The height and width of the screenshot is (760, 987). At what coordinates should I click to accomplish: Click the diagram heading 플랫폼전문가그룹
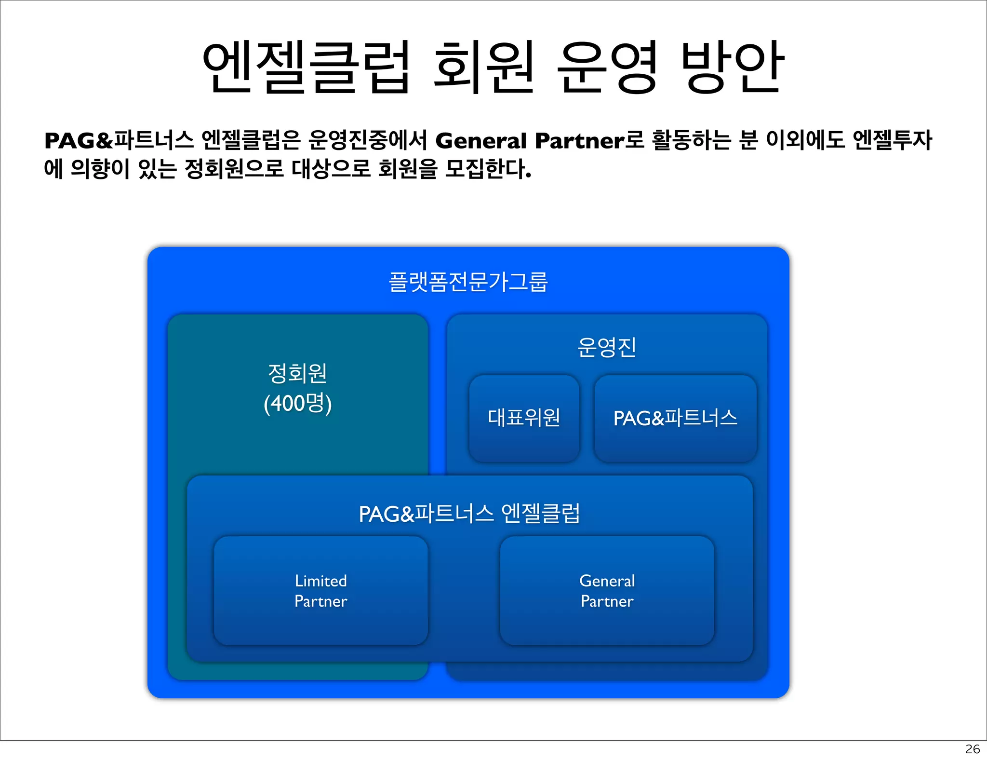pos(468,282)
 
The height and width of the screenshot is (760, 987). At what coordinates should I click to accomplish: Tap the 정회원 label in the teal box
pos(297,373)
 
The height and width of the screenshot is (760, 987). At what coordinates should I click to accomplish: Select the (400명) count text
pos(297,403)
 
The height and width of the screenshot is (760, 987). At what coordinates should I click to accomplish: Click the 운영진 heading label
pos(607,347)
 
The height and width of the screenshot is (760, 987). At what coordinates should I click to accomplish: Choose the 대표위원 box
pos(524,418)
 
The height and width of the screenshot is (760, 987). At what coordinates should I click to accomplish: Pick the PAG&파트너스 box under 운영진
pos(675,418)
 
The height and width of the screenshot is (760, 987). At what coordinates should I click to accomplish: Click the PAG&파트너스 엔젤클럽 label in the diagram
pos(469,514)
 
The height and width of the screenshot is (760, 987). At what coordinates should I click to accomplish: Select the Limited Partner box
pos(320,591)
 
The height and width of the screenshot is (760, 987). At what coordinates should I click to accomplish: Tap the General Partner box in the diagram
pos(607,591)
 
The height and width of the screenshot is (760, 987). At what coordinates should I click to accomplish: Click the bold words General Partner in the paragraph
pos(530,141)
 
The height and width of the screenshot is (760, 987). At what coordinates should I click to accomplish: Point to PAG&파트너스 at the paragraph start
pos(119,141)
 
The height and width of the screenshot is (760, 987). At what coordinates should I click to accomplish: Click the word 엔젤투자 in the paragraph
pos(892,141)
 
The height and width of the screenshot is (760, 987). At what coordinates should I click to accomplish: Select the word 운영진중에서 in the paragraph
pos(368,141)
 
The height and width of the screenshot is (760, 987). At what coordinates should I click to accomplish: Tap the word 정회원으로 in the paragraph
pos(234,169)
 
